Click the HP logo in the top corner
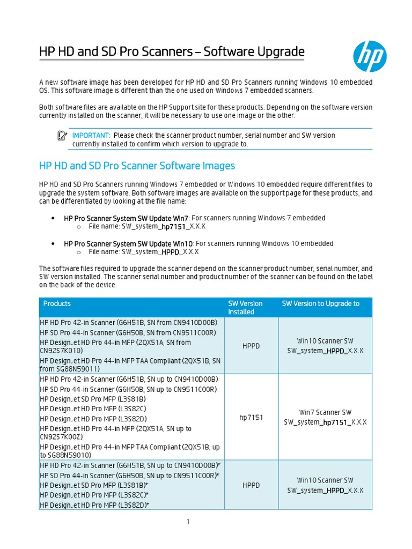pos(370,57)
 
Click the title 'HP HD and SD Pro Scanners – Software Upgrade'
pos(172,52)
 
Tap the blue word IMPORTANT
pos(91,136)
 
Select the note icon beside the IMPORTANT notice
pos(62,136)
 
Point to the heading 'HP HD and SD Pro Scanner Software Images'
pos(137,166)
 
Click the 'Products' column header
pos(57,303)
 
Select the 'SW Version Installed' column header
pos(245,308)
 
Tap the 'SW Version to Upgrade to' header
pos(321,303)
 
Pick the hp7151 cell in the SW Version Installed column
pos(251,417)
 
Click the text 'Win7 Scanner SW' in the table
pos(325,413)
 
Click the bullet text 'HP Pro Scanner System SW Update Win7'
pos(126,218)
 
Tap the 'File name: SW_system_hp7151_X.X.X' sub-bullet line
pos(147,227)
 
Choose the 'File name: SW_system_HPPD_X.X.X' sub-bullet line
pos(144,252)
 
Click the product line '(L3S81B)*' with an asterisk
pos(94,485)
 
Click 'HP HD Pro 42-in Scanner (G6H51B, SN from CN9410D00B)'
pos(129,322)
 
